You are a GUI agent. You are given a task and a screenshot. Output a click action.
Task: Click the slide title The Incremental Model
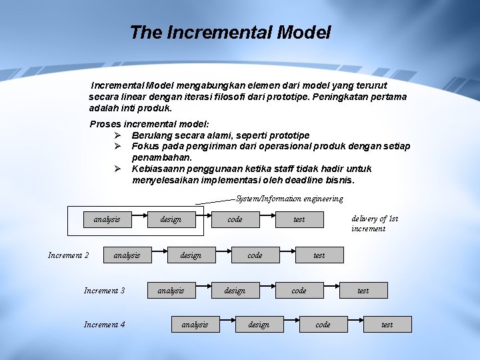pos(230,32)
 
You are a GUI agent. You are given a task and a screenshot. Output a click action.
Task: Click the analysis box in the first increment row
pos(107,219)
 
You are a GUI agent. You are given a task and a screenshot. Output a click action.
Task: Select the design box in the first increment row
pos(171,219)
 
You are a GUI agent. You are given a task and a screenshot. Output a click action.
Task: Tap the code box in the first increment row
pos(235,219)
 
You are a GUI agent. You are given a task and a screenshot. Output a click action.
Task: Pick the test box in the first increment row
pos(299,219)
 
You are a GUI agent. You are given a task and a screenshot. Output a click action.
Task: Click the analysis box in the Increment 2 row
pos(127,255)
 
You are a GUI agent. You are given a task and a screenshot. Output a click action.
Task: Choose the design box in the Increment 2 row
pos(191,255)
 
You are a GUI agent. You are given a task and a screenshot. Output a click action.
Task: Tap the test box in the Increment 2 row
pos(319,255)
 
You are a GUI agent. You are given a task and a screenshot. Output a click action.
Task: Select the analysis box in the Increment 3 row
pos(171,291)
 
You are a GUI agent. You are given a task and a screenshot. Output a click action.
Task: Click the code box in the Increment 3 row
pos(299,291)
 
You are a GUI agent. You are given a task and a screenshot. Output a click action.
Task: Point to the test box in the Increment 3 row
pos(363,291)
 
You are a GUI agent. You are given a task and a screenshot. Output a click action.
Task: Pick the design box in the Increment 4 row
pos(259,325)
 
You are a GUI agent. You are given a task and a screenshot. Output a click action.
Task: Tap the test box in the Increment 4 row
pos(387,325)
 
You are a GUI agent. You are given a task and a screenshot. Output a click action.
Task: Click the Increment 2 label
pos(69,255)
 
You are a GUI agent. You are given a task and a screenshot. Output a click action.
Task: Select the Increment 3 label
pos(104,291)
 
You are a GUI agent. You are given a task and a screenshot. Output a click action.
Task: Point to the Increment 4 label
pos(104,325)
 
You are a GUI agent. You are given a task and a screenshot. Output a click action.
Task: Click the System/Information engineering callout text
pos(289,199)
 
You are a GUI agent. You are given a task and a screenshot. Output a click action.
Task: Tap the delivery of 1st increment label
pos(374,223)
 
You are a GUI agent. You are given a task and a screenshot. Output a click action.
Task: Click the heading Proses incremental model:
pos(149,124)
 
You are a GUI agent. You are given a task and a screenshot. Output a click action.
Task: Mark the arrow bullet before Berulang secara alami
pos(117,135)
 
